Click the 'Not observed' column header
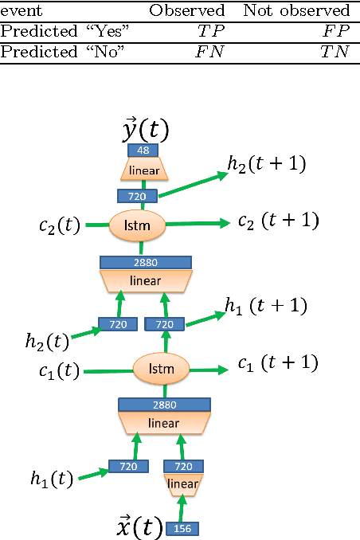click(295, 10)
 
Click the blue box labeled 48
click(143, 151)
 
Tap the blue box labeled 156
click(183, 528)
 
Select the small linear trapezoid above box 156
click(183, 484)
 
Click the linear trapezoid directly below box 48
click(144, 170)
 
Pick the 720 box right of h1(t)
click(129, 466)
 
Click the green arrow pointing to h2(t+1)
click(190, 182)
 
